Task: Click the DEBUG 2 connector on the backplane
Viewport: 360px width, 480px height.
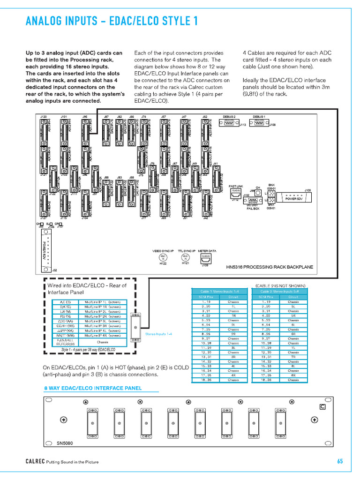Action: point(230,122)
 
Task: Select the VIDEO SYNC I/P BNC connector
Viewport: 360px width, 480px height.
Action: point(164,258)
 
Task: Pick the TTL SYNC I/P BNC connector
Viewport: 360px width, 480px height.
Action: point(185,258)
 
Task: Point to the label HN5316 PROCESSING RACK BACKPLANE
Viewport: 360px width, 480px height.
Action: point(270,267)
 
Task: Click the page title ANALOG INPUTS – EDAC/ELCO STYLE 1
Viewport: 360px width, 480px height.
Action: point(112,21)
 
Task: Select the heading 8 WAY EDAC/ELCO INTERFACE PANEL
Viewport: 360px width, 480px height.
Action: point(93,388)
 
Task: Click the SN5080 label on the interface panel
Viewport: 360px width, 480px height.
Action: point(65,443)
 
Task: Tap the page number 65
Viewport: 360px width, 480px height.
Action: point(340,461)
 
